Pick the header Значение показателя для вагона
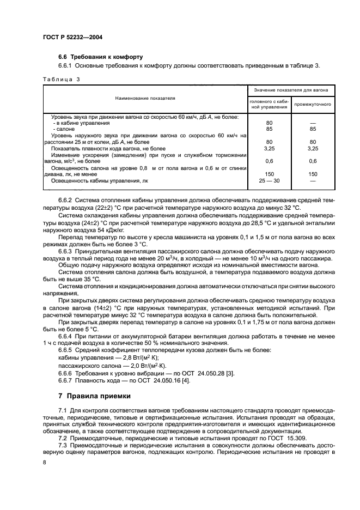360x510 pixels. tap(291, 89)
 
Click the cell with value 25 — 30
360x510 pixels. tap(269, 180)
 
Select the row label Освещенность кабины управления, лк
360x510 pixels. tap(100, 180)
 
